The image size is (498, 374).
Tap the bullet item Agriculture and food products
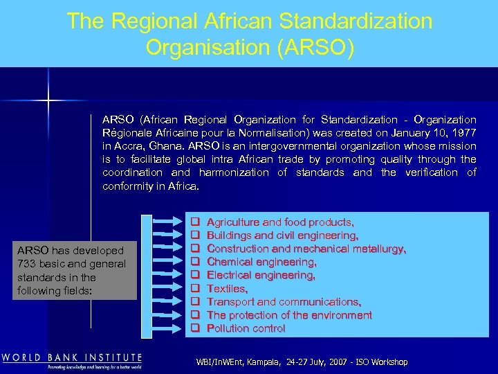[280, 222]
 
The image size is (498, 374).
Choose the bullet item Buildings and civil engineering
[282, 235]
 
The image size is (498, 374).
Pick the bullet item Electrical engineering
[261, 275]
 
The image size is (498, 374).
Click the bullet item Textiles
[227, 288]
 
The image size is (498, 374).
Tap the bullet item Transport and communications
[284, 301]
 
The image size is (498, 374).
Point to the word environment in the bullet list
[339, 314]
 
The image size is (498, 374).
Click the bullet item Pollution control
[246, 328]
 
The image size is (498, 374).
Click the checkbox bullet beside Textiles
[195, 288]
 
